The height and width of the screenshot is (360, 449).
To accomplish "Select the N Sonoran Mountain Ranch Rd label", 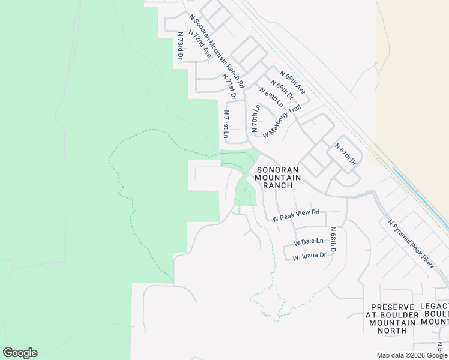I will (216, 48).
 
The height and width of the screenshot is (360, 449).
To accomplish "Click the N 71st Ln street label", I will (226, 124).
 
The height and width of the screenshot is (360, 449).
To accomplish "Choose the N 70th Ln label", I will (255, 119).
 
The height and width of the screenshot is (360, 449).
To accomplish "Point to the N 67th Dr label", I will (345, 154).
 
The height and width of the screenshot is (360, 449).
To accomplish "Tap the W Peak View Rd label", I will (295, 216).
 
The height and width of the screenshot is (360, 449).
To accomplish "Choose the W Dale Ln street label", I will (309, 242).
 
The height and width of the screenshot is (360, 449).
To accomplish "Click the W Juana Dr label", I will (309, 256).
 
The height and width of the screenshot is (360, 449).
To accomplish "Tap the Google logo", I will (20, 353).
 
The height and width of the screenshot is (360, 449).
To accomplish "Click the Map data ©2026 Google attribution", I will (412, 355).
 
